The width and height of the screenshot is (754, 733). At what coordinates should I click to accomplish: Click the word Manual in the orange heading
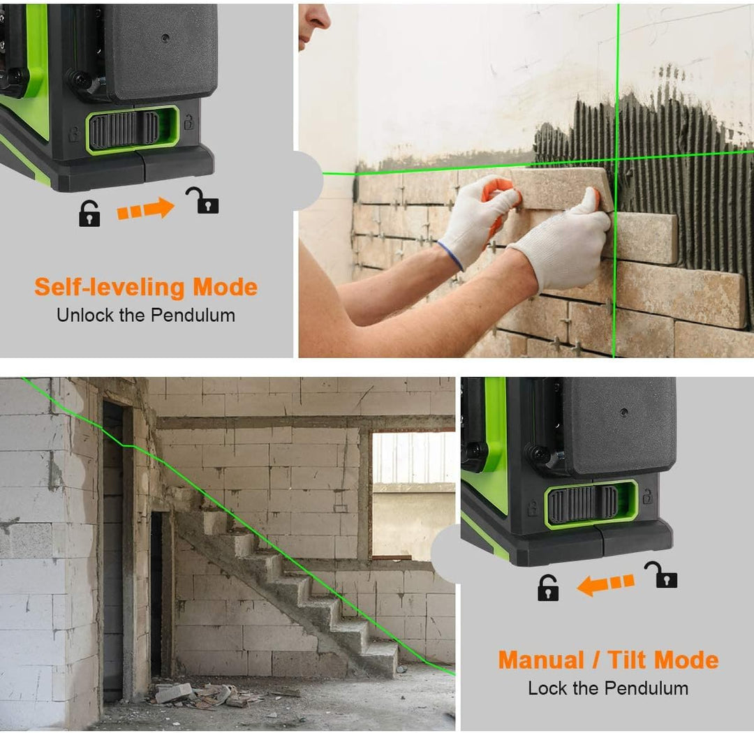pos(541,660)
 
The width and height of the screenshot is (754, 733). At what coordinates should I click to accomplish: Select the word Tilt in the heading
pos(628,660)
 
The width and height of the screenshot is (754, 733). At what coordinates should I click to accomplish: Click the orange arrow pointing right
pos(145,208)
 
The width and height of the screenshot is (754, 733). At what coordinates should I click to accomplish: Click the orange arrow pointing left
pos(605,584)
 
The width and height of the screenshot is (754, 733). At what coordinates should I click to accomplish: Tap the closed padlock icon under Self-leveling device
pos(89,214)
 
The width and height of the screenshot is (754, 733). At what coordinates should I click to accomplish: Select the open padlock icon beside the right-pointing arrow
pos(203,200)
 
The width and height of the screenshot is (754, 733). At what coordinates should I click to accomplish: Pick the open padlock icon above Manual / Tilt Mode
pos(662,575)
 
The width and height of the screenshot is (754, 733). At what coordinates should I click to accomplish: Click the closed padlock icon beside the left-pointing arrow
pos(548,588)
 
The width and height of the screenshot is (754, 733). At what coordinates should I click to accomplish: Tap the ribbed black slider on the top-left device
pos(124,129)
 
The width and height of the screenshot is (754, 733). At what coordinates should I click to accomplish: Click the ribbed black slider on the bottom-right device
pos(583,504)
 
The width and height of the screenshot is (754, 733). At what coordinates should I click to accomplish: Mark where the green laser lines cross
pos(617,158)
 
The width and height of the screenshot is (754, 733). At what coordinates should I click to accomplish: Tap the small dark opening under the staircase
pos(157,594)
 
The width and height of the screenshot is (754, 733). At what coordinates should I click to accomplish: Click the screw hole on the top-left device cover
pos(165,38)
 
